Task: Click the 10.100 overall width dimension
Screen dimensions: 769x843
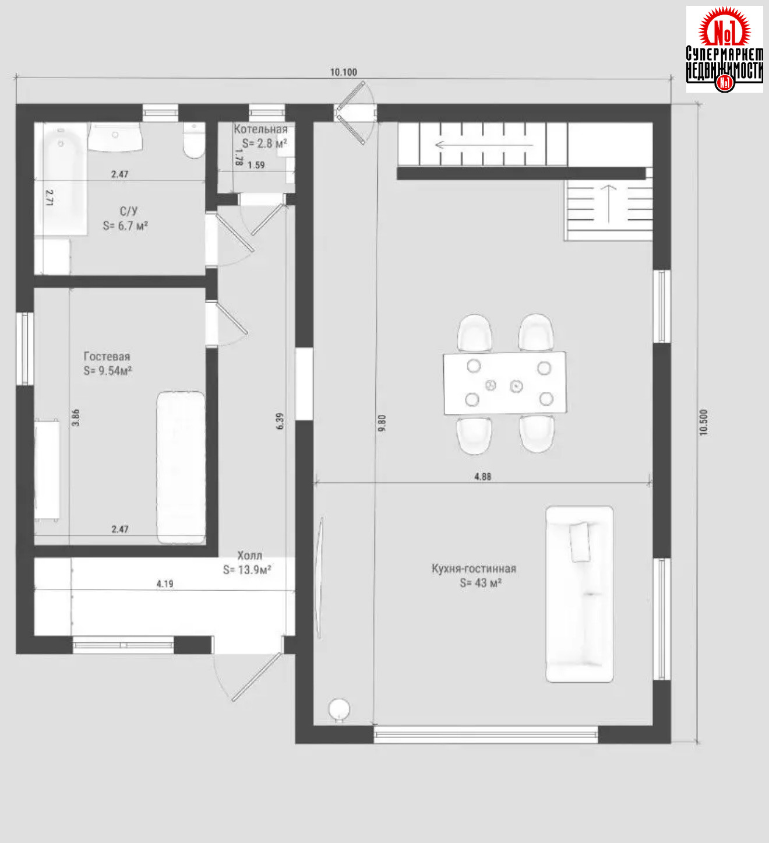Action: [343, 72]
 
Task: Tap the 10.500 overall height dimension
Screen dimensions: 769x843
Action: [704, 422]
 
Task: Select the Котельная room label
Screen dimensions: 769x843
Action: [260, 129]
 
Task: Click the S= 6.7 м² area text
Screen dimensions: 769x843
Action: [125, 226]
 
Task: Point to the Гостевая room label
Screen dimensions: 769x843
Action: [107, 356]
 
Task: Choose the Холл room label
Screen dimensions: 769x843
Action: [249, 556]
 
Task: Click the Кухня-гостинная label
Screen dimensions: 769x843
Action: [474, 568]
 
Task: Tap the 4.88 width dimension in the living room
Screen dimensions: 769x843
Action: [482, 476]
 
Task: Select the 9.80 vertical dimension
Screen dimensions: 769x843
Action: [382, 423]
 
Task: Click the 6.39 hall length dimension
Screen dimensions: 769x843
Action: [280, 421]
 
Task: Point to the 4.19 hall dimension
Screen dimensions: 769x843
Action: [165, 584]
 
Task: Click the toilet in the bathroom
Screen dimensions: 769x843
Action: [194, 140]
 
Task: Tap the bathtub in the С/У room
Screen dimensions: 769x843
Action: [61, 178]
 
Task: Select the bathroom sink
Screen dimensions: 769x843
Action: [115, 137]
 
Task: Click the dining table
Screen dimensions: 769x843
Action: [505, 383]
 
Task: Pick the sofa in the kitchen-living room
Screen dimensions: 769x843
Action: [580, 594]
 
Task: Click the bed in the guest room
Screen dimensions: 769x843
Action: [181, 468]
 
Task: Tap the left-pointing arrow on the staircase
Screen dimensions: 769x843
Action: [484, 145]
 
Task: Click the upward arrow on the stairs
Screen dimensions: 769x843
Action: [609, 203]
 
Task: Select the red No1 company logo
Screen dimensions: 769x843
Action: [725, 49]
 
